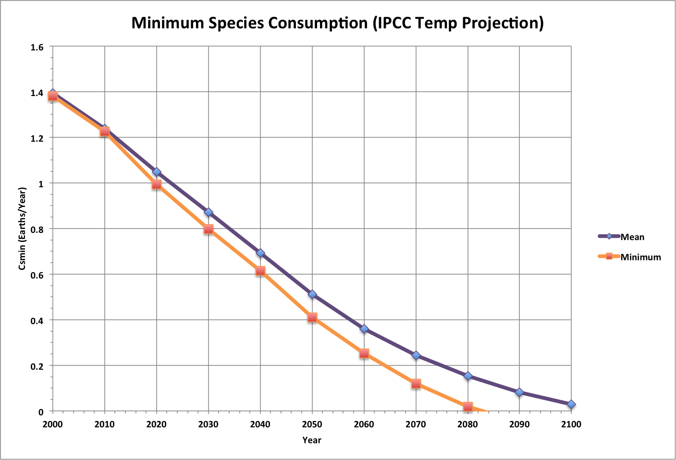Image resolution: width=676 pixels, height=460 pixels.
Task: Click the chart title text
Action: (x=337, y=23)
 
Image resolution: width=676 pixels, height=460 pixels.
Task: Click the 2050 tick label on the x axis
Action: (x=312, y=424)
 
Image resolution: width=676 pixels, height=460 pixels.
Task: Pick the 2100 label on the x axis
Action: (x=571, y=424)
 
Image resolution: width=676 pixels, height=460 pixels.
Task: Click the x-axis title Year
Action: (x=312, y=440)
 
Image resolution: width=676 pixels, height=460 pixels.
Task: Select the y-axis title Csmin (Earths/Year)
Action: (x=22, y=229)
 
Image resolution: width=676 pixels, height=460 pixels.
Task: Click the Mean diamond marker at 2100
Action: (x=571, y=404)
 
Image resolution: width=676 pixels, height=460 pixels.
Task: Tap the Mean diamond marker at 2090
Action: (x=519, y=392)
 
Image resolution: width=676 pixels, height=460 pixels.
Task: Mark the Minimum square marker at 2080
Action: (x=467, y=407)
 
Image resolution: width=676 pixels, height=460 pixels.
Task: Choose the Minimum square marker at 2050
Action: (x=312, y=317)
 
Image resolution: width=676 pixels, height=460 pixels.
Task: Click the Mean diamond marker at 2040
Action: (x=260, y=253)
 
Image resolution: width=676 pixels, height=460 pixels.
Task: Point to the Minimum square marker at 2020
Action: (x=156, y=184)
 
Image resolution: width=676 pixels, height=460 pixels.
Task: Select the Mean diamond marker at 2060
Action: (x=364, y=329)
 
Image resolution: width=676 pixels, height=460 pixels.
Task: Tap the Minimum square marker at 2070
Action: (x=416, y=384)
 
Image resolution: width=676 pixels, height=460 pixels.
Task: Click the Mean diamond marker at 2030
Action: (x=208, y=212)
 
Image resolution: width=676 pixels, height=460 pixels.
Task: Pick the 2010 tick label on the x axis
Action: (x=104, y=424)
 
